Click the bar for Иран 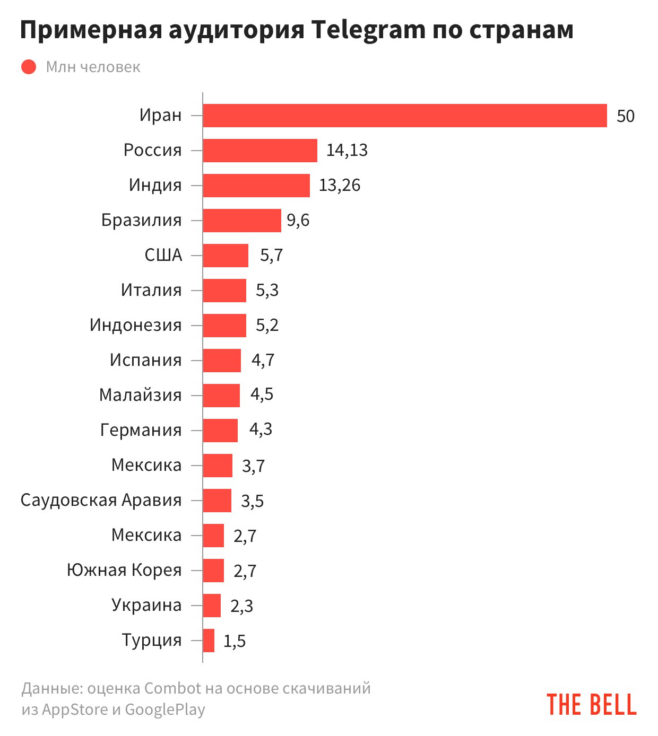(x=404, y=116)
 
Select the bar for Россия (x=260, y=151)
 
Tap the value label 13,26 (x=340, y=185)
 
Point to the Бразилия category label (x=141, y=220)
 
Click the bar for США (x=226, y=256)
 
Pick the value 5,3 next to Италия (x=267, y=290)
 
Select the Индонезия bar (x=224, y=326)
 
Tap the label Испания (x=145, y=360)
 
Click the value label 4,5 (x=262, y=395)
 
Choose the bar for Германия (x=220, y=431)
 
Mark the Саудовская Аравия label (x=101, y=500)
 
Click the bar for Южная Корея (x=213, y=571)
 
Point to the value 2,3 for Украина (x=241, y=606)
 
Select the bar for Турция (x=209, y=641)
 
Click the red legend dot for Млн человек (x=29, y=67)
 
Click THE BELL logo (x=591, y=705)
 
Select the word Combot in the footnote (x=172, y=688)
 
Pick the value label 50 (x=625, y=116)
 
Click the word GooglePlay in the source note (x=164, y=709)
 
